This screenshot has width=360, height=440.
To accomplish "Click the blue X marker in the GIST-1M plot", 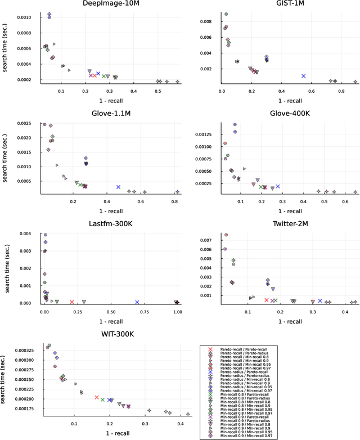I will pyautogui.click(x=303, y=75).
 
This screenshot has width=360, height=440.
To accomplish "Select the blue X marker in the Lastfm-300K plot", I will pyautogui.click(x=137, y=302).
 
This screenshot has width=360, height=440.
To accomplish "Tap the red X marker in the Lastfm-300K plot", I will pyautogui.click(x=71, y=302).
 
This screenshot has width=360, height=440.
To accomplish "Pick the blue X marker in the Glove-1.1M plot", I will pyautogui.click(x=119, y=187).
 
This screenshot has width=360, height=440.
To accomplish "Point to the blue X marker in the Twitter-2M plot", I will pyautogui.click(x=320, y=300).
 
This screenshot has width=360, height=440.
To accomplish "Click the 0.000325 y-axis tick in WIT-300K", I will pyautogui.click(x=25, y=351).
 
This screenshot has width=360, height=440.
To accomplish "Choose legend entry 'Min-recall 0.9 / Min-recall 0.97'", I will pyautogui.click(x=245, y=436).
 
